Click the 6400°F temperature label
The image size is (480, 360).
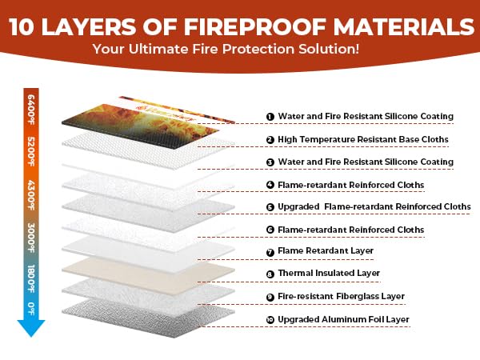pyautogui.click(x=31, y=110)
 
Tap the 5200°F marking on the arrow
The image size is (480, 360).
pyautogui.click(x=31, y=151)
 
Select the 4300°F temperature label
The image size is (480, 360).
pyautogui.click(x=31, y=195)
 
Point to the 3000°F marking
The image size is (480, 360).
pyautogui.click(x=31, y=238)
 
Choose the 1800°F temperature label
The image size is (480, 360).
pyautogui.click(x=31, y=278)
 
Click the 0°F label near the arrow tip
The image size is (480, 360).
pyautogui.click(x=31, y=309)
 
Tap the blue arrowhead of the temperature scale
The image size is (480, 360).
pyautogui.click(x=31, y=328)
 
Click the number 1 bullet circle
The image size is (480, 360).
pyautogui.click(x=270, y=117)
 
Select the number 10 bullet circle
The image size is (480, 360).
pyautogui.click(x=270, y=320)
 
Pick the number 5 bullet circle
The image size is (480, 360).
pyautogui.click(x=270, y=207)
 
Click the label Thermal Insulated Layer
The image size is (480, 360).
pyautogui.click(x=329, y=273)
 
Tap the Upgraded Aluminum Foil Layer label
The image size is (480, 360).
pyautogui.click(x=343, y=319)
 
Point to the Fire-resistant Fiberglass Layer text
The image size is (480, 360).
pyautogui.click(x=341, y=296)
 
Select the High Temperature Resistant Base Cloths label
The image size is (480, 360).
pyautogui.click(x=363, y=139)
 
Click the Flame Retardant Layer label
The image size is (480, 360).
pyautogui.click(x=326, y=250)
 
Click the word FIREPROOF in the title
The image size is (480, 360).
pyautogui.click(x=255, y=26)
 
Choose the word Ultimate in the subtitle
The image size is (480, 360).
pyautogui.click(x=158, y=50)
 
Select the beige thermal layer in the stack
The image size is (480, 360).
pyautogui.click(x=148, y=274)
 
